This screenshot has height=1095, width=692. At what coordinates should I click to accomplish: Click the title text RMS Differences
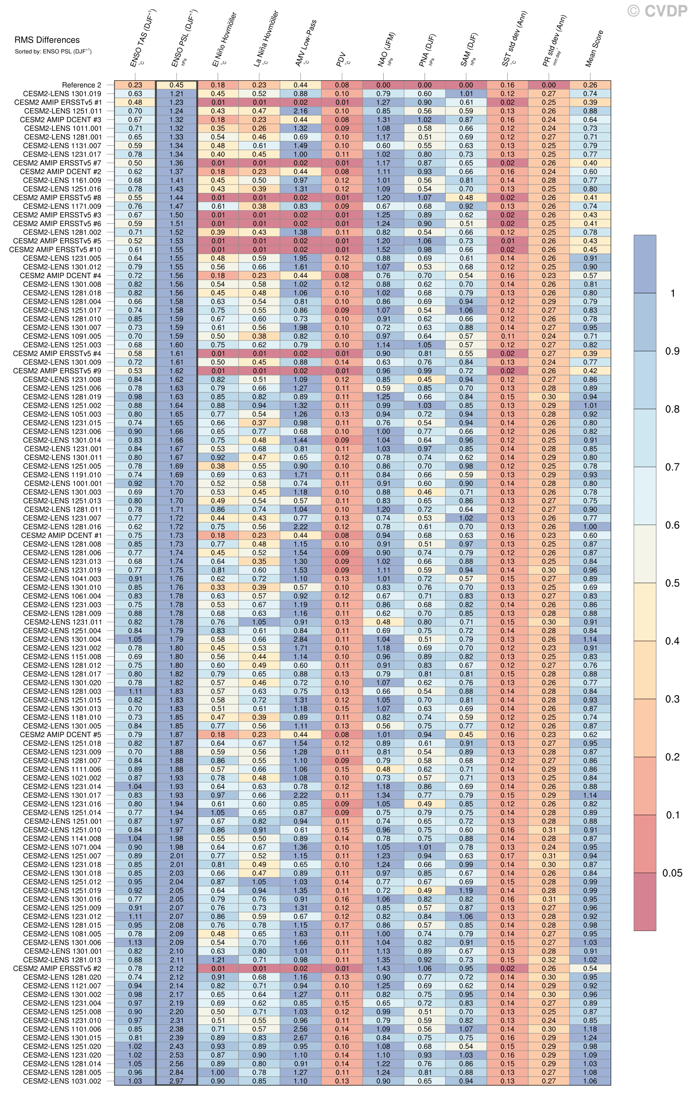pyautogui.click(x=47, y=40)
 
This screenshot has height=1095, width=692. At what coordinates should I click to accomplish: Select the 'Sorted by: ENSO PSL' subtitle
pyautogui.click(x=53, y=52)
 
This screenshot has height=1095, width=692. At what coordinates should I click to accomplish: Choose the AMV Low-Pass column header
pyautogui.click(x=306, y=43)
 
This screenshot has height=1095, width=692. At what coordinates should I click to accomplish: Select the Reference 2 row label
pyautogui.click(x=81, y=85)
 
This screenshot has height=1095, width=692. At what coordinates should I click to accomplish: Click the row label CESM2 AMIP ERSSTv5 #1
pyautogui.click(x=57, y=102)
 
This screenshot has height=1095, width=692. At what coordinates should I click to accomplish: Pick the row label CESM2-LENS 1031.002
pyautogui.click(x=62, y=1081)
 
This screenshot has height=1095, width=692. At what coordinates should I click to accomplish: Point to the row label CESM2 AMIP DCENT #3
pyautogui.click(x=60, y=120)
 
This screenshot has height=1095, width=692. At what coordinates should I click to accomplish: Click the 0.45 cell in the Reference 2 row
pyautogui.click(x=176, y=85)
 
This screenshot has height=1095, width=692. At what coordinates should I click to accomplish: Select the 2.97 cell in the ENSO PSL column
pyautogui.click(x=176, y=1081)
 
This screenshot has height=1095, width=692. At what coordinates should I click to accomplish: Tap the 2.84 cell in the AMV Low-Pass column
pyautogui.click(x=300, y=639)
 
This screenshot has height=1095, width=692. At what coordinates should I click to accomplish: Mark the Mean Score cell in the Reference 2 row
pyautogui.click(x=590, y=85)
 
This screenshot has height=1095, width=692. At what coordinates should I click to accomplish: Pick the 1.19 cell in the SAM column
pyautogui.click(x=466, y=890)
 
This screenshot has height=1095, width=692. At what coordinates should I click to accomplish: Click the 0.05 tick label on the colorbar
pyautogui.click(x=672, y=873)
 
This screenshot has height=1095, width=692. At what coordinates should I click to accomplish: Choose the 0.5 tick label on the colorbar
pyautogui.click(x=672, y=583)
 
